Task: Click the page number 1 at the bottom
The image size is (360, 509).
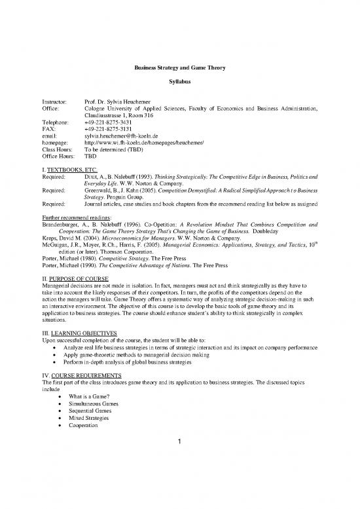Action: pyautogui.click(x=179, y=442)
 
